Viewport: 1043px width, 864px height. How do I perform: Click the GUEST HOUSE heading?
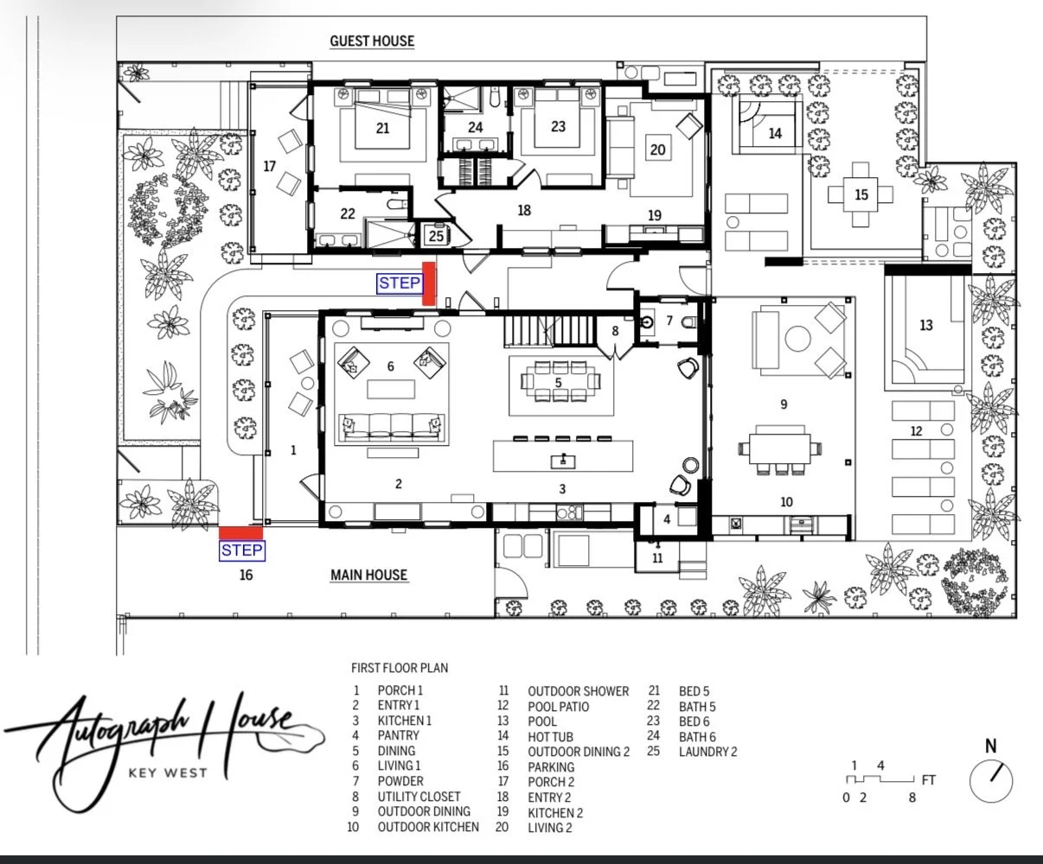click(372, 41)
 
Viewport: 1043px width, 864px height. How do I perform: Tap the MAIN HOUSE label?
click(368, 575)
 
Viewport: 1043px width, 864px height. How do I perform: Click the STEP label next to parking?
click(242, 550)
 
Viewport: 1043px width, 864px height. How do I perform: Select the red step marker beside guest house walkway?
click(429, 283)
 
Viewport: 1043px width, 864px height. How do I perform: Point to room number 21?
click(382, 128)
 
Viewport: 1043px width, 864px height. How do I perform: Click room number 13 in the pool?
click(926, 326)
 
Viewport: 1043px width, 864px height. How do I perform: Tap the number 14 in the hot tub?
click(775, 133)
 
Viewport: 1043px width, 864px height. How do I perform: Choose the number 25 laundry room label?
click(436, 236)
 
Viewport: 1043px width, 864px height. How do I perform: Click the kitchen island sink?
click(562, 461)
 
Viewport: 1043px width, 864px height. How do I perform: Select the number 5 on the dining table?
click(559, 383)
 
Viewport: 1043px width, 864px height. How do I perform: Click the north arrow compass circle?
click(991, 782)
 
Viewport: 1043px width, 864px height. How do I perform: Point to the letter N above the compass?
click(991, 746)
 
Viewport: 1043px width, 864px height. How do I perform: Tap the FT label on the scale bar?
click(929, 779)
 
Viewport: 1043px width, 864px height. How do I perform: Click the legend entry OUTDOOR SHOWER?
click(578, 691)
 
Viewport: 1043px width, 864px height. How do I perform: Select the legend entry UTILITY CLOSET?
click(419, 797)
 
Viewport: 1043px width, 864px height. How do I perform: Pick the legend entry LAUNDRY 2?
click(707, 752)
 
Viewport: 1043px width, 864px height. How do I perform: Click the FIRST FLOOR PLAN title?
click(400, 668)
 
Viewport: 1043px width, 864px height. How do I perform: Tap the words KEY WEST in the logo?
click(168, 773)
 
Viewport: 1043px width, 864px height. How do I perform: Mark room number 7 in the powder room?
click(669, 321)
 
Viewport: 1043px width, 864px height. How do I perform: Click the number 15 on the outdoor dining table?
click(861, 194)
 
